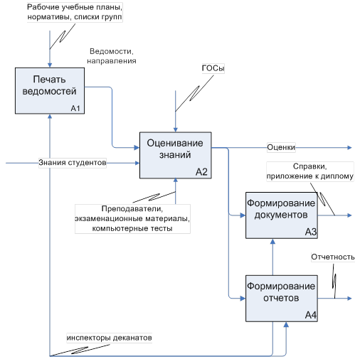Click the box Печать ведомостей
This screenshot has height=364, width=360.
pyautogui.click(x=50, y=91)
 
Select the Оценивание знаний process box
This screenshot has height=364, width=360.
pyautogui.click(x=176, y=155)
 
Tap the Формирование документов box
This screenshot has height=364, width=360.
pyautogui.click(x=282, y=215)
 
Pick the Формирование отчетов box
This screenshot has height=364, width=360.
pyautogui.click(x=282, y=299)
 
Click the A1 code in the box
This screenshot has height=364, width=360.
pyautogui.click(x=75, y=108)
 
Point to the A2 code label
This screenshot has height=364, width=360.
pyautogui.click(x=201, y=172)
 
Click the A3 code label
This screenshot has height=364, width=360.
pyautogui.click(x=311, y=232)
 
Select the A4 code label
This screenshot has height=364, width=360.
pyautogui.click(x=311, y=315)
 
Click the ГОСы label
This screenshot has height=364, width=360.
pyautogui.click(x=213, y=68)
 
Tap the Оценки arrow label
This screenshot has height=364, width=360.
pyautogui.click(x=281, y=147)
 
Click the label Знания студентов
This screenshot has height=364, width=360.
pyautogui.click(x=73, y=163)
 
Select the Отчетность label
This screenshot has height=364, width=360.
pyautogui.click(x=333, y=257)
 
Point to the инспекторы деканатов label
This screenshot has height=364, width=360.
pyautogui.click(x=109, y=338)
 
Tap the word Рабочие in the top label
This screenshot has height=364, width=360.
pyautogui.click(x=43, y=7)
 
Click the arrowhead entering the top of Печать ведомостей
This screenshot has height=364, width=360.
pyautogui.click(x=50, y=65)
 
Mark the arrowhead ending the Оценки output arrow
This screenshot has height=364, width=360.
pyautogui.click(x=349, y=148)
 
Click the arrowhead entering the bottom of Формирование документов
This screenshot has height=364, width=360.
pyautogui.click(x=272, y=241)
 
